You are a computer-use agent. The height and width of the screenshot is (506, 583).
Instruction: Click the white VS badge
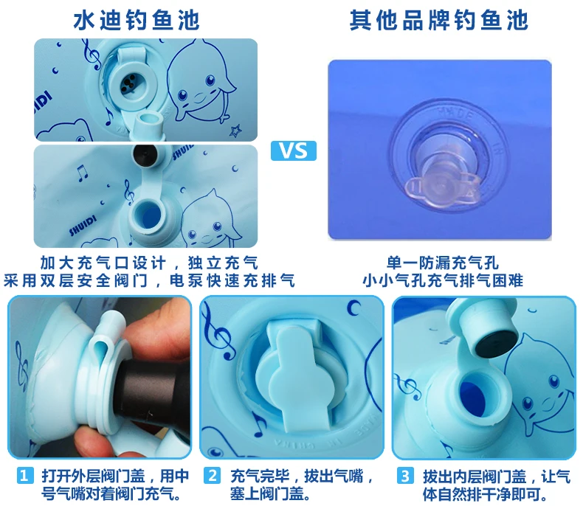tap(294, 150)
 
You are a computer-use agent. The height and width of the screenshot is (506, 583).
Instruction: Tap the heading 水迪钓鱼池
tap(137, 20)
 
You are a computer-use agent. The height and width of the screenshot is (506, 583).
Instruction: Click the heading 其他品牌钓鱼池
tap(439, 20)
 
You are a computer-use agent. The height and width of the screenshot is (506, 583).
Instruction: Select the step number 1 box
tap(24, 476)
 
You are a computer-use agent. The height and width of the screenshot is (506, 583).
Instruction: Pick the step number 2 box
tap(212, 476)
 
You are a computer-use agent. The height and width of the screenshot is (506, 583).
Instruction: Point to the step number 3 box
tap(405, 476)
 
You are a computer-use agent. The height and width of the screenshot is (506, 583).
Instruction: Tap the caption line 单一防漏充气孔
tap(443, 263)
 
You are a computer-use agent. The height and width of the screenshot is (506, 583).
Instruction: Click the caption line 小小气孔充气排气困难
tap(443, 280)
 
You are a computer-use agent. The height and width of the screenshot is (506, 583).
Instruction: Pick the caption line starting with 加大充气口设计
tap(149, 263)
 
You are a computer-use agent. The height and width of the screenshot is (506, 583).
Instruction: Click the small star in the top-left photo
tap(235, 131)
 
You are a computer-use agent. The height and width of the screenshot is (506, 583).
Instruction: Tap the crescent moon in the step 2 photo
tap(353, 308)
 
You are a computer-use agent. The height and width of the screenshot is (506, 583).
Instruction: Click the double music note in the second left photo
tap(81, 173)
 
